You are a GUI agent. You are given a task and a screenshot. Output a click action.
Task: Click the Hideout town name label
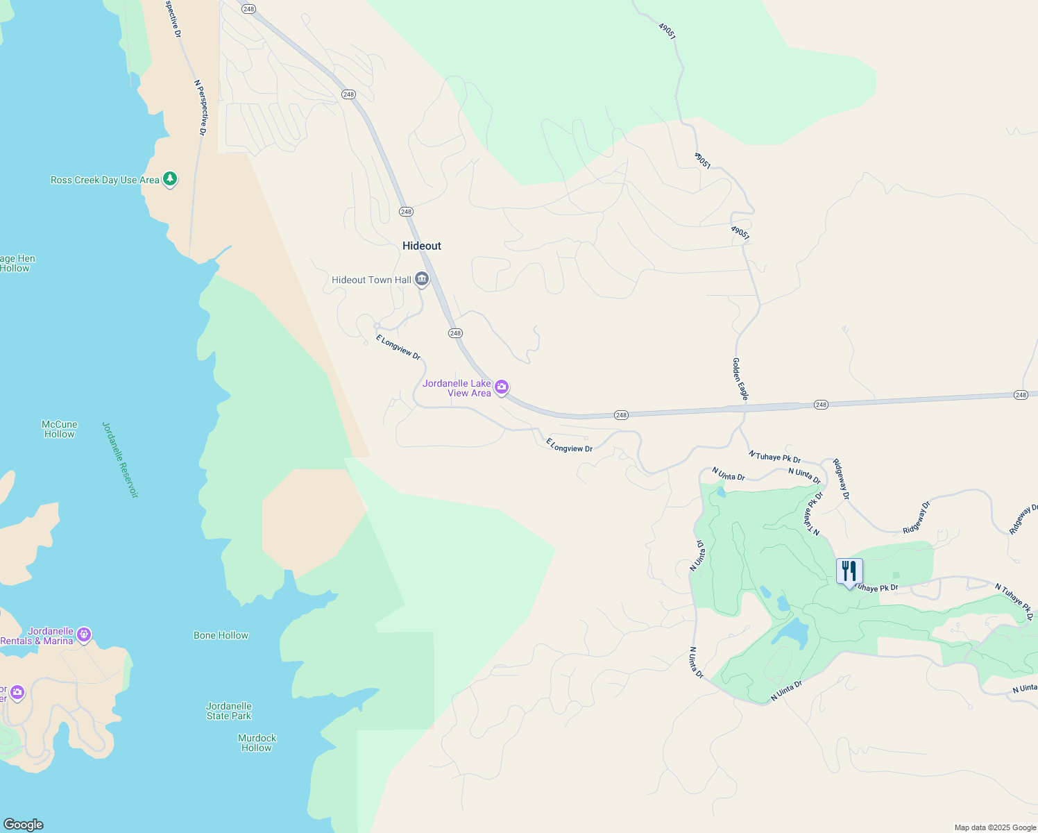coord(422,246)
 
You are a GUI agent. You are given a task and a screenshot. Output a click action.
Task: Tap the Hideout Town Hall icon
coord(422,280)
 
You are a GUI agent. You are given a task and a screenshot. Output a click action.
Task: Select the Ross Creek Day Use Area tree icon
coord(170,179)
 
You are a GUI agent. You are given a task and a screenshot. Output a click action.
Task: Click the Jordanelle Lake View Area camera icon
coord(502,387)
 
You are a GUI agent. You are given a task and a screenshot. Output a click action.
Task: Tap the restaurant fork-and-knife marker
coord(849,572)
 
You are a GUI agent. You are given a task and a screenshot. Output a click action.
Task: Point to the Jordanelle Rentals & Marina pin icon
coord(84,634)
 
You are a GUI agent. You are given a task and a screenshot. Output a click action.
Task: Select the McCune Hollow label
coord(60,429)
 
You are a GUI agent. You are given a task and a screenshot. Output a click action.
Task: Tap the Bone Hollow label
coord(221,635)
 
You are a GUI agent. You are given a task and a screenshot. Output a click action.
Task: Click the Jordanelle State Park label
coord(229,711)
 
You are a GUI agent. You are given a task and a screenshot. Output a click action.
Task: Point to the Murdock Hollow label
coord(257,743)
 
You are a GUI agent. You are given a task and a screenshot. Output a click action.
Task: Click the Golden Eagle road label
coord(740,379)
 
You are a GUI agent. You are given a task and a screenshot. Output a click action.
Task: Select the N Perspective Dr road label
coord(200,107)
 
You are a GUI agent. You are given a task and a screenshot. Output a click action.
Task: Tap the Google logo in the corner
coord(24,825)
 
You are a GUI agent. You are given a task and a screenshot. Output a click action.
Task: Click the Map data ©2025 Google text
coord(995,827)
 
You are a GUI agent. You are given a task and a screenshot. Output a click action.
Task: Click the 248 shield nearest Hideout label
coord(406,212)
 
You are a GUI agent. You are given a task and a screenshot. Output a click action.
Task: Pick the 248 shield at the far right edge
coord(1020,395)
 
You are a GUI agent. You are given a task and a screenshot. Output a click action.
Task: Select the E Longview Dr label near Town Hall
coord(398,347)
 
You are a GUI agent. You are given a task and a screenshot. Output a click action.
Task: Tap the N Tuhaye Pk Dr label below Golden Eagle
coord(774,456)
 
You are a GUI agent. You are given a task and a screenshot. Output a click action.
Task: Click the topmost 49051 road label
coord(667,31)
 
